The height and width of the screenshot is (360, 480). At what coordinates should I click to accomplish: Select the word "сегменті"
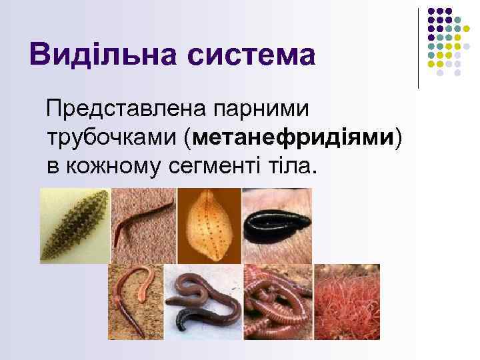pyautogui.click(x=214, y=167)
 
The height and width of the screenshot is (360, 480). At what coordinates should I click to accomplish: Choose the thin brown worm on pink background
pyautogui.click(x=143, y=225)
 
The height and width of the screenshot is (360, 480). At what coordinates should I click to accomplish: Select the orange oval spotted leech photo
pyautogui.click(x=209, y=225)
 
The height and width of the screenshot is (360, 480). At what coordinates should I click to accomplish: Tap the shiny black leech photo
pyautogui.click(x=276, y=225)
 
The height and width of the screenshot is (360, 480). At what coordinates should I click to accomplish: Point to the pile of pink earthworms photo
pyautogui.click(x=278, y=302)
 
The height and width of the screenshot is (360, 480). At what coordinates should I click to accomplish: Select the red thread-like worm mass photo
pyautogui.click(x=347, y=302)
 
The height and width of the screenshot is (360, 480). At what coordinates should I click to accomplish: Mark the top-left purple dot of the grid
pyautogui.click(x=431, y=11)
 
